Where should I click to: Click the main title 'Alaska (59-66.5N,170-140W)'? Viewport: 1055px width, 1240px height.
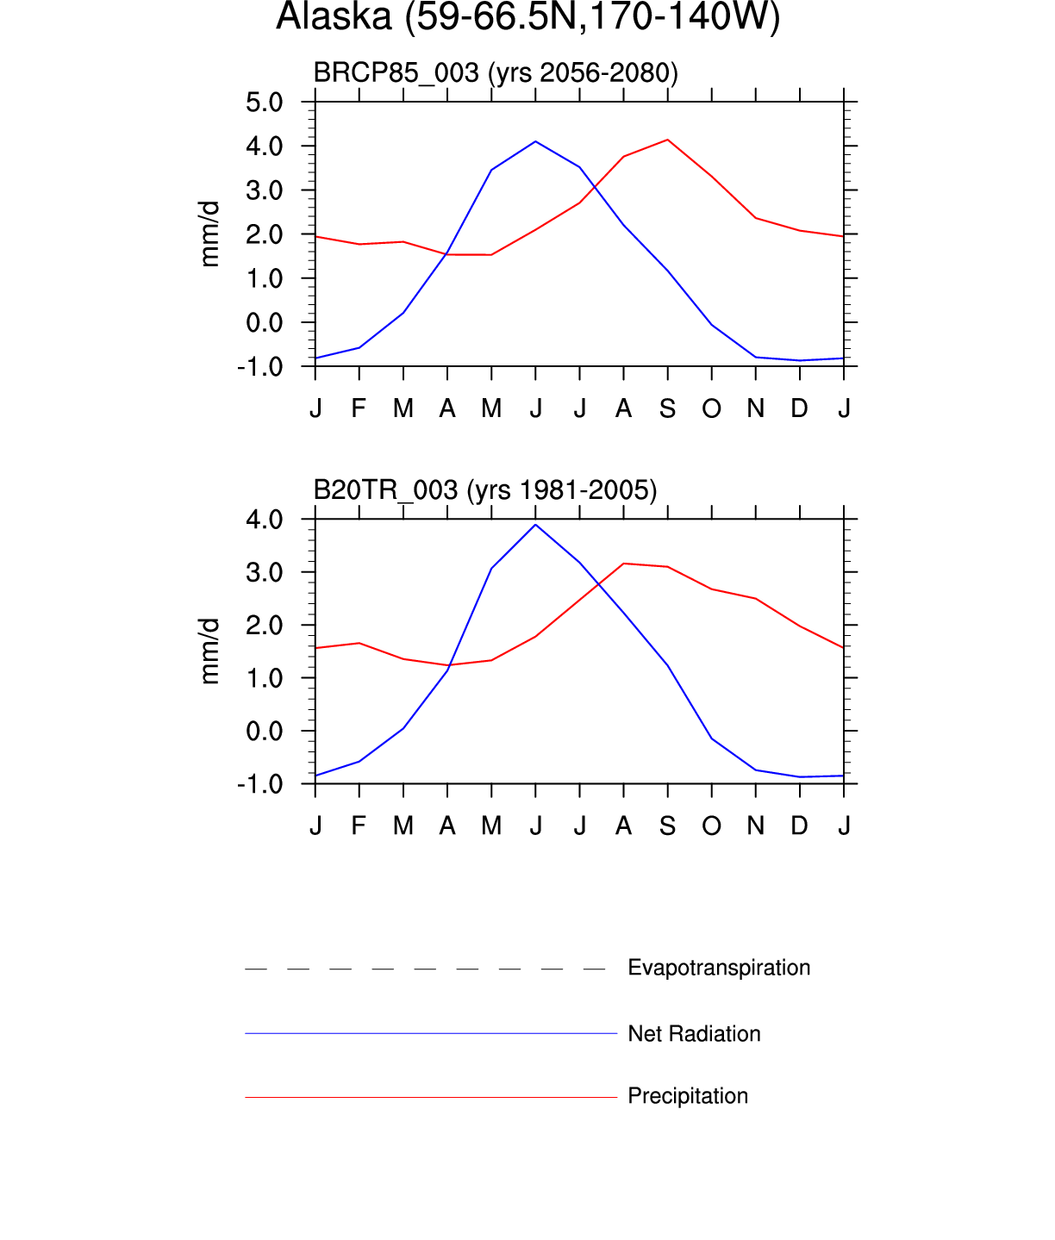527,17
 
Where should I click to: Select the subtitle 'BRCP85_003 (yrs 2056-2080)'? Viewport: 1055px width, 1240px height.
496,73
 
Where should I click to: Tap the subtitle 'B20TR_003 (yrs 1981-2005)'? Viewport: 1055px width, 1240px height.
484,490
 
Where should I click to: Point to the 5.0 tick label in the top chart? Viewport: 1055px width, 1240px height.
264,103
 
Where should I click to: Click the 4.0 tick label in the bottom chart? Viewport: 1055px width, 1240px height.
264,520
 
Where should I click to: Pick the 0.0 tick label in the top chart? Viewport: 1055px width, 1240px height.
264,323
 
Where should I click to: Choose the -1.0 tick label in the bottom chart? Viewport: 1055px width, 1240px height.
260,784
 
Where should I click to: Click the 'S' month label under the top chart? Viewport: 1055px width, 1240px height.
667,408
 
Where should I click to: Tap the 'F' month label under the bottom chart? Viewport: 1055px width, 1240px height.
359,826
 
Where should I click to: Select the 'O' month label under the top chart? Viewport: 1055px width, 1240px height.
711,408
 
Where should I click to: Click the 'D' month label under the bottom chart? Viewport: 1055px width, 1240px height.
799,826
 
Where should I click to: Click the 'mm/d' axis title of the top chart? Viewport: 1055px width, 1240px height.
209,234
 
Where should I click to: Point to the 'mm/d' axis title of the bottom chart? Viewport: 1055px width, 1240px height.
209,651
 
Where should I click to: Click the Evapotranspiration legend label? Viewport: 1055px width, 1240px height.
719,968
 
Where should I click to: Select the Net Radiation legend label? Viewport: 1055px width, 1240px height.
694,1034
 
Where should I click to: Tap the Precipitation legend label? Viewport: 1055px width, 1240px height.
688,1096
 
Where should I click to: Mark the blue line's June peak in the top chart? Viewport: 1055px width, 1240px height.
535,141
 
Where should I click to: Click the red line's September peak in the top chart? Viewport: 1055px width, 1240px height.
667,140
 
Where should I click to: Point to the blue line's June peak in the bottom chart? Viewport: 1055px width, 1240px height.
535,525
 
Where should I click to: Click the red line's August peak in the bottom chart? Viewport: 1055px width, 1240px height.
623,564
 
